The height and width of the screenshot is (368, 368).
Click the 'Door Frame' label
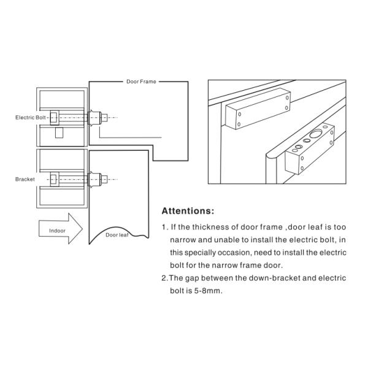[x=141, y=82]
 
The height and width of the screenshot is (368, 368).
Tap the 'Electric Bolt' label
[x=31, y=118]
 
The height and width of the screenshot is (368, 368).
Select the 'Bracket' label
[x=25, y=179]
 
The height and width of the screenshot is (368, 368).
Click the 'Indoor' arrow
[x=61, y=229]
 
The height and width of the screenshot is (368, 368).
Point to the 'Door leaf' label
[x=117, y=235]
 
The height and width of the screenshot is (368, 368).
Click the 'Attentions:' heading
[x=188, y=211]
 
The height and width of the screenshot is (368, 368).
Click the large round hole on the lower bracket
[x=315, y=134]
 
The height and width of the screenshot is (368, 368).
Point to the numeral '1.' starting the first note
[x=165, y=227]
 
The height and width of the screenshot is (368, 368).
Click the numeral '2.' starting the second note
[x=165, y=278]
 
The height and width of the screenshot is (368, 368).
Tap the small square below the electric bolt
[x=59, y=132]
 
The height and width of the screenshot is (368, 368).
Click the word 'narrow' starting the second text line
[x=183, y=240]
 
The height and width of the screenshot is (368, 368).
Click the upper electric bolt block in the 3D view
[x=258, y=109]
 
